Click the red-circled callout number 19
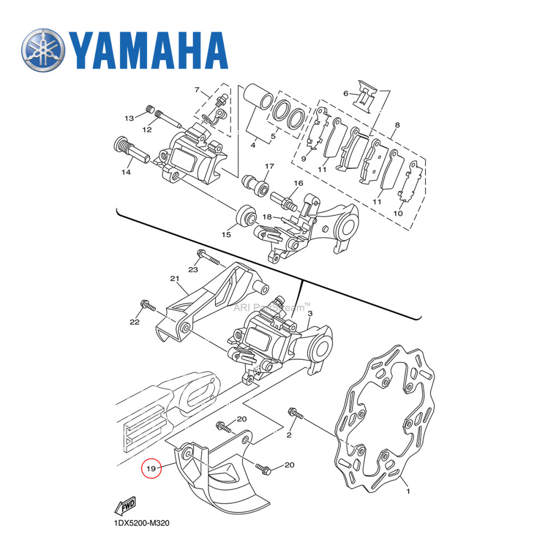152,468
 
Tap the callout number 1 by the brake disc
408,492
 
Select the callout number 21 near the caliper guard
174,279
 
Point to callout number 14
126,172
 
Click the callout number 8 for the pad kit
397,125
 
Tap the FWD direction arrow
125,506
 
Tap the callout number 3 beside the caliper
310,314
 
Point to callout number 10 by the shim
398,213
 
